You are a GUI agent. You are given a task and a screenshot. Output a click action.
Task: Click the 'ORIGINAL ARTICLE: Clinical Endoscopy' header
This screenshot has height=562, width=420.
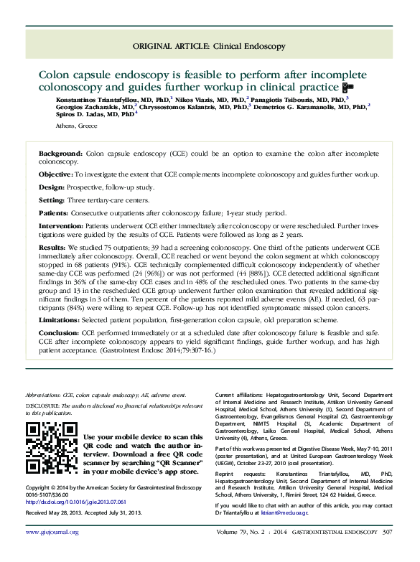click(x=210, y=46)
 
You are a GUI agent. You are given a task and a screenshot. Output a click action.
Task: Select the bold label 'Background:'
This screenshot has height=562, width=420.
click(x=60, y=154)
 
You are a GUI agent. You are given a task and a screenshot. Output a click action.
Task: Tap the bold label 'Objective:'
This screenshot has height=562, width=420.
click(x=55, y=174)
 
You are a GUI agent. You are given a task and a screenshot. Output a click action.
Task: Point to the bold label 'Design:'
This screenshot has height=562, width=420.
click(x=51, y=187)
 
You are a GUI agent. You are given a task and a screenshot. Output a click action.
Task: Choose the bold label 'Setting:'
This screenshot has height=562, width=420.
click(x=52, y=200)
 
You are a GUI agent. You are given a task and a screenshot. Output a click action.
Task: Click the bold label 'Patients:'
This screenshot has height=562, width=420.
click(x=54, y=213)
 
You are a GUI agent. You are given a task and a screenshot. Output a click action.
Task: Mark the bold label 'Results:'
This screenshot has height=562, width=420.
click(x=52, y=246)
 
